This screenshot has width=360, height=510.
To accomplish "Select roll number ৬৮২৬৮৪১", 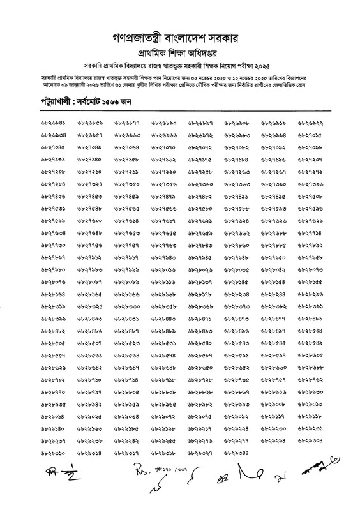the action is [53, 121].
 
